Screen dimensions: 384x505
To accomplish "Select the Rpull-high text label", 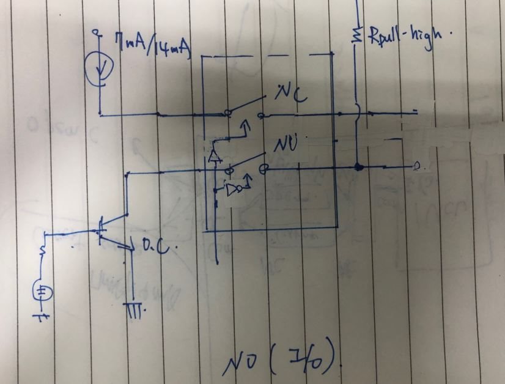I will click(x=404, y=40).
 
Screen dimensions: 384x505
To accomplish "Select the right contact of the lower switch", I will click(x=267, y=167).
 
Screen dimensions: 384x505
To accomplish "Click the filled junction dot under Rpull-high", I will click(x=358, y=167).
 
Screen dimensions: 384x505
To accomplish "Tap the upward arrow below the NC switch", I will click(x=246, y=128).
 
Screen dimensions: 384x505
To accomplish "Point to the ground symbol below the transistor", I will click(x=135, y=309).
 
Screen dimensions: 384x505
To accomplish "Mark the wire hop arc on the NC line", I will click(x=358, y=113).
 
